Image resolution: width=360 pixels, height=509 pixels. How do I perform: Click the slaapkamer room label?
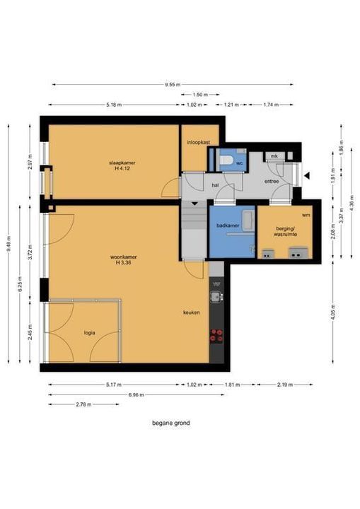[x=122, y=163]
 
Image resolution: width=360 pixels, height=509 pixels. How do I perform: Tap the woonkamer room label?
[x=124, y=257]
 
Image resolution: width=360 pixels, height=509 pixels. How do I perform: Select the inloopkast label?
[x=199, y=142]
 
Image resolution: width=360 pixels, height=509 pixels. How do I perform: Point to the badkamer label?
[x=228, y=226]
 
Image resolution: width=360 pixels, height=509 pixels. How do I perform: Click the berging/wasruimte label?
[x=285, y=231]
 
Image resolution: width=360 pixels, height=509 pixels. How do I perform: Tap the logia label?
[x=89, y=333]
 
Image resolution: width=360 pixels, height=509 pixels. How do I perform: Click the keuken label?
[x=192, y=312]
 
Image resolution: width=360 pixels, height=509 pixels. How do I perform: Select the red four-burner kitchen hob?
[x=216, y=336]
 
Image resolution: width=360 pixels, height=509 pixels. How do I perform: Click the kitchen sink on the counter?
[x=216, y=296]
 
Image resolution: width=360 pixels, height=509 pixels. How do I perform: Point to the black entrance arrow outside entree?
[x=307, y=176]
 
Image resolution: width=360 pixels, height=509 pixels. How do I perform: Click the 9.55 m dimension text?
[x=173, y=85]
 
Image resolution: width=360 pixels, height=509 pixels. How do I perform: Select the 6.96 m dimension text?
[x=136, y=394]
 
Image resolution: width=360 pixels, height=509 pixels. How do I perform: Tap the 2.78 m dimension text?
[x=83, y=404]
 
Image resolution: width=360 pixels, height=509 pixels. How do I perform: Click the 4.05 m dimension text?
[x=333, y=312]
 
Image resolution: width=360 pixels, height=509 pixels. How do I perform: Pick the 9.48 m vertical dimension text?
[x=8, y=243]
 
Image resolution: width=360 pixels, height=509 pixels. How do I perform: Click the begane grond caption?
[x=171, y=423]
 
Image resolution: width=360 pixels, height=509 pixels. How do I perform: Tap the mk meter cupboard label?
[x=274, y=156]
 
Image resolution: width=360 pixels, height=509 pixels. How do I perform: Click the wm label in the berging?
[x=306, y=215]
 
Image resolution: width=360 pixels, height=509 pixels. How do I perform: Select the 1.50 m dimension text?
[x=200, y=95]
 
